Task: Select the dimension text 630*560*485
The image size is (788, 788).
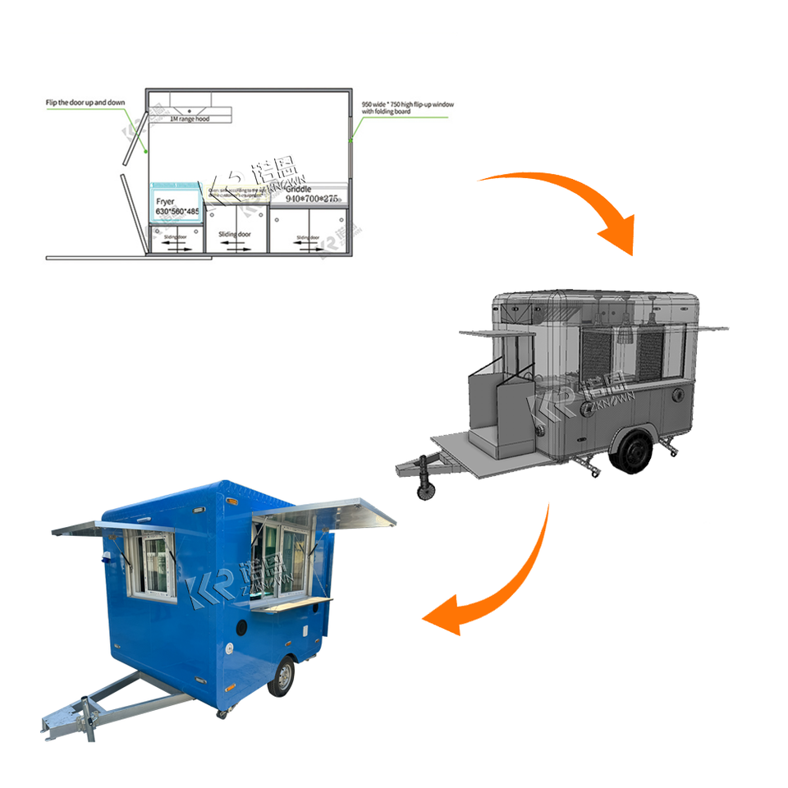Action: [x=177, y=212]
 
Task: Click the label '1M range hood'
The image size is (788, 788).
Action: [x=190, y=119]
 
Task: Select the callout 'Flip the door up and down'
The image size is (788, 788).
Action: [x=86, y=103]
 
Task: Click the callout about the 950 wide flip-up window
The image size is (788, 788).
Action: [x=408, y=109]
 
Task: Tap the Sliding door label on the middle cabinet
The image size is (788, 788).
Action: [x=236, y=234]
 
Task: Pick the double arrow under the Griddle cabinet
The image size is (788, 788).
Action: [x=310, y=245]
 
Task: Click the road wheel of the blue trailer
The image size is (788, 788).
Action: [x=281, y=678]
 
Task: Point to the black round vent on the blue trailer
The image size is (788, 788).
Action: [x=243, y=629]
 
